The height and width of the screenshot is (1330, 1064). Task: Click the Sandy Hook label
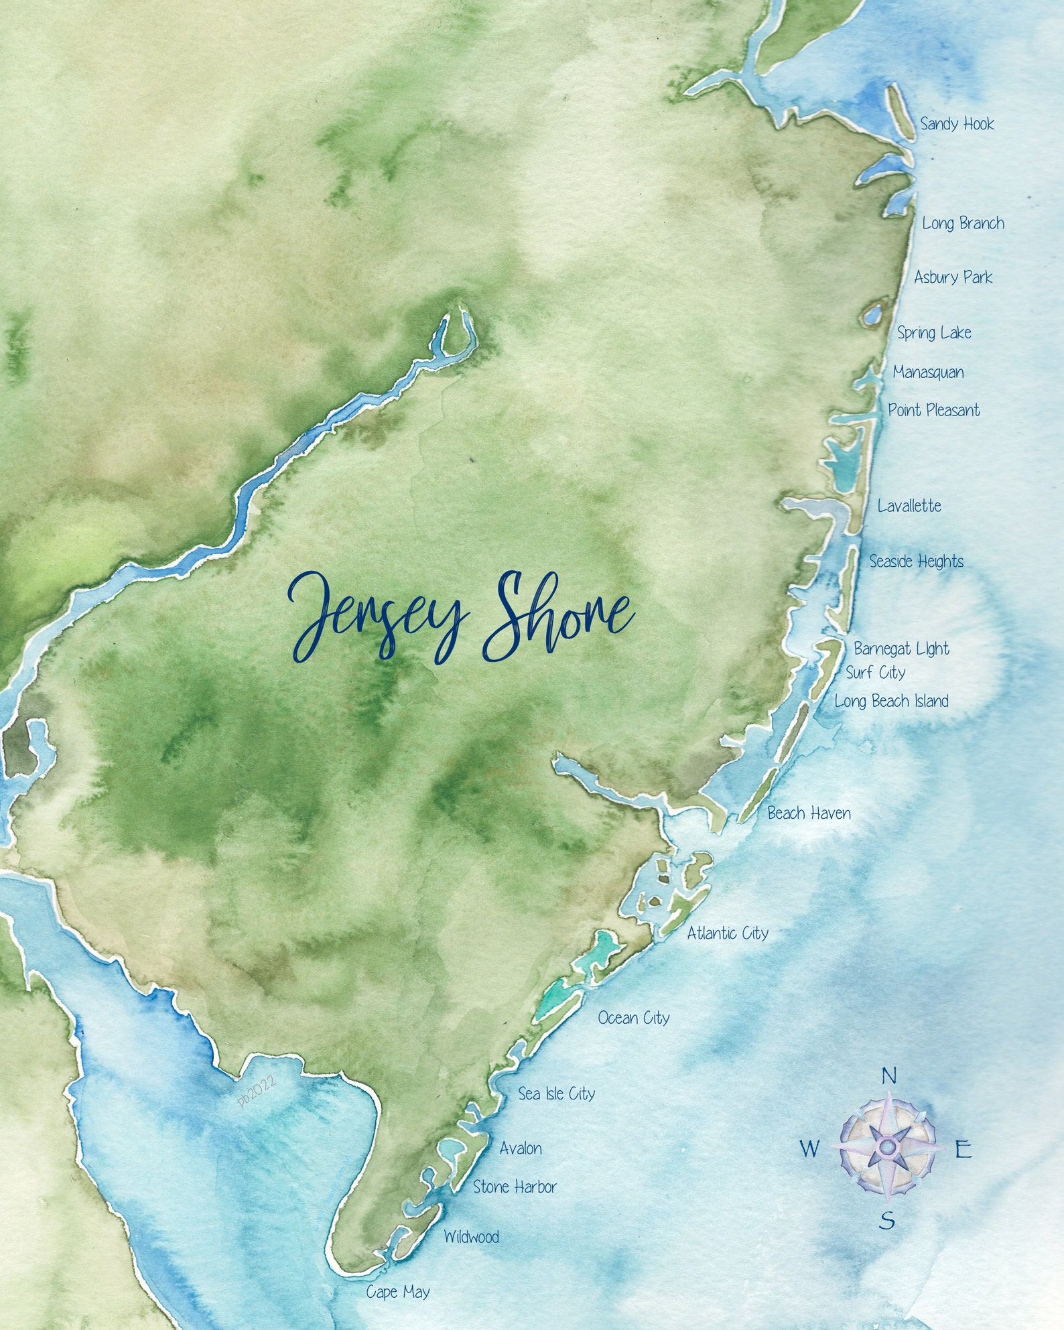coord(956,124)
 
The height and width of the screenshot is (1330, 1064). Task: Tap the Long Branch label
coord(963,223)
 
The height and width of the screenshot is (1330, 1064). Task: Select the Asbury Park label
coord(953,277)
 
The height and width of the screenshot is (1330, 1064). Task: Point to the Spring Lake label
coord(934,332)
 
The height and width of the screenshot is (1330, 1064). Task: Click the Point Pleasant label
coord(933,410)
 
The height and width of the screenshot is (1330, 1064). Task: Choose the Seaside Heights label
coord(916,561)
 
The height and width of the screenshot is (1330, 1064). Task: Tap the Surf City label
coord(875,673)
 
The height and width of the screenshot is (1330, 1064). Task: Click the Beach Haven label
coord(809,813)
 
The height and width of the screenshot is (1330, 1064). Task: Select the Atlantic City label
coord(727,933)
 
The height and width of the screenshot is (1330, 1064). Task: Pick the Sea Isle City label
coord(556,1094)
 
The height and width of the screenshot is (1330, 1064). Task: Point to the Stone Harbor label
coord(515,1187)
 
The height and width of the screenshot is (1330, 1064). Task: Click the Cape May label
coord(397,1292)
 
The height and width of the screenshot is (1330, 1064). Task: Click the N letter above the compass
coord(888,1077)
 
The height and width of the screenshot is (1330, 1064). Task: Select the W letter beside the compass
coord(809,1149)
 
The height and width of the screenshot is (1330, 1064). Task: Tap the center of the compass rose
coord(887,1148)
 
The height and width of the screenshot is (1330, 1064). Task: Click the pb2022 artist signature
coord(257,1091)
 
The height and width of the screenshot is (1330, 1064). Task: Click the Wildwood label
coord(471,1237)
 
